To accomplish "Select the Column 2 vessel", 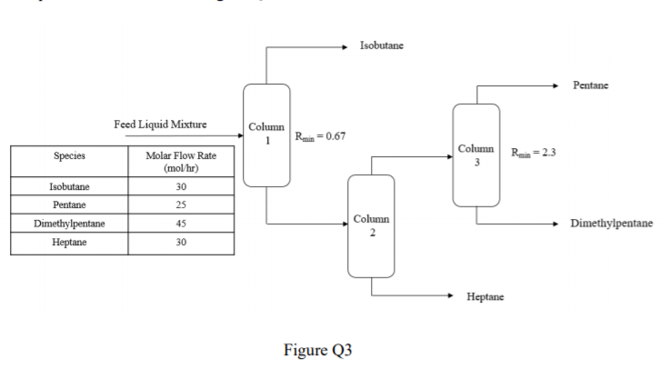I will click(371, 225).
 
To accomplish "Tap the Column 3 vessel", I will click(476, 154).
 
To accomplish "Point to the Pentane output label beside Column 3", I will click(590, 85).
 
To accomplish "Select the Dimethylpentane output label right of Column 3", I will click(611, 223).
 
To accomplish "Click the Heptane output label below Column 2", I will click(486, 296).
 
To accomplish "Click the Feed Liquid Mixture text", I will click(159, 124).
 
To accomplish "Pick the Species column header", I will click(69, 156).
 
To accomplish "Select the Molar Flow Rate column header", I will click(182, 162).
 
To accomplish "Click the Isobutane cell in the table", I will click(69, 186).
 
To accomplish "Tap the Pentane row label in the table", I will click(69, 204).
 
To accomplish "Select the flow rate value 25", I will click(182, 204).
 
